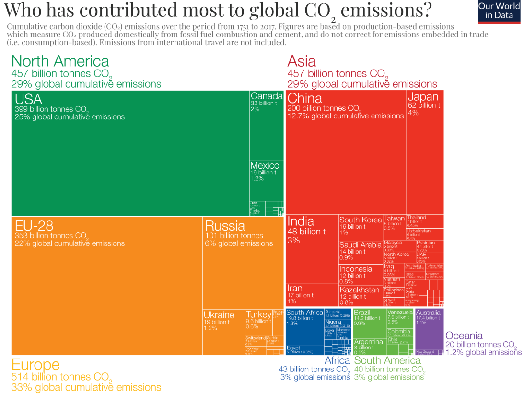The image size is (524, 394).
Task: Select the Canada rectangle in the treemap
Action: pyautogui.click(x=266, y=125)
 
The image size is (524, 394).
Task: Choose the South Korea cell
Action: pyautogui.click(x=361, y=228)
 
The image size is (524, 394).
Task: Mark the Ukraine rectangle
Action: pyautogui.click(x=223, y=331)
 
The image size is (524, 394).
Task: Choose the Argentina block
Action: pyautogui.click(x=370, y=346)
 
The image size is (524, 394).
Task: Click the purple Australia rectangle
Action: pyautogui.click(x=429, y=328)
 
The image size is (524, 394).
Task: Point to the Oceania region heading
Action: pyautogui.click(x=464, y=336)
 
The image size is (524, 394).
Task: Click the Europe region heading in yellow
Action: pyautogui.click(x=35, y=364)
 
